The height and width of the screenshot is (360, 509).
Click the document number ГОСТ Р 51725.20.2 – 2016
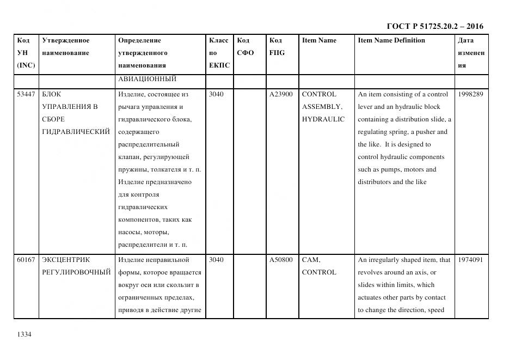pyautogui.click(x=434, y=26)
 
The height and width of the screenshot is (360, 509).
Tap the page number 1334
pyautogui.click(x=24, y=334)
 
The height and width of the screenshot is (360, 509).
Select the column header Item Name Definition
pyautogui.click(x=391, y=40)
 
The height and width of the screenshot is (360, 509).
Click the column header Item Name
pyautogui.click(x=319, y=40)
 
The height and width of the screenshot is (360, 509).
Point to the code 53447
pyautogui.click(x=26, y=94)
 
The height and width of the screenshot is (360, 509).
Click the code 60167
pyautogui.click(x=26, y=260)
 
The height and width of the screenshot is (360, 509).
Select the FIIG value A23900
pyautogui.click(x=281, y=94)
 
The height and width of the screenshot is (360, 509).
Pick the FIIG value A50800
pyautogui.click(x=281, y=260)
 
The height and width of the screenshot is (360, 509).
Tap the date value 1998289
pyautogui.click(x=470, y=94)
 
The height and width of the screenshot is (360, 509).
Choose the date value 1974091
pyautogui.click(x=470, y=260)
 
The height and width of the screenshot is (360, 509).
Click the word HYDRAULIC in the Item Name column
pyautogui.click(x=323, y=119)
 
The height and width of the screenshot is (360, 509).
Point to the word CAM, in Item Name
pyautogui.click(x=311, y=260)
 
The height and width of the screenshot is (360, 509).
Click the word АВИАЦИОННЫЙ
pyautogui.click(x=147, y=79)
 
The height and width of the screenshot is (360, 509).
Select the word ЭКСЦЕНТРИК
pyautogui.click(x=66, y=260)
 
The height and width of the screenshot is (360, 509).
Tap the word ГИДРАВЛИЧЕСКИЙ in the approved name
pyautogui.click(x=76, y=132)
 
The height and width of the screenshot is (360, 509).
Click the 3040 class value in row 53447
pyautogui.click(x=216, y=94)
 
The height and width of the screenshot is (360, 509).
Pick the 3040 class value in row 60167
pyautogui.click(x=216, y=260)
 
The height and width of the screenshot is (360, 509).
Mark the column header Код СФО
pyautogui.click(x=246, y=46)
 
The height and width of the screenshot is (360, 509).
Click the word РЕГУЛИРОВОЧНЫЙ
pyautogui.click(x=76, y=272)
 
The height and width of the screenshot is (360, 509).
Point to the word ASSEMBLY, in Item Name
pyautogui.click(x=322, y=107)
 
